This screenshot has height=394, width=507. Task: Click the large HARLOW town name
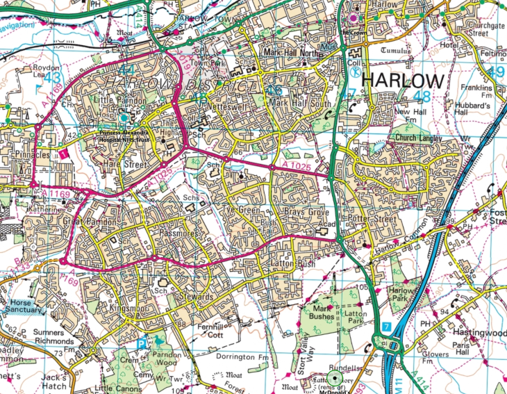(404, 80)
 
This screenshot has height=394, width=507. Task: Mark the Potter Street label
(372, 220)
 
